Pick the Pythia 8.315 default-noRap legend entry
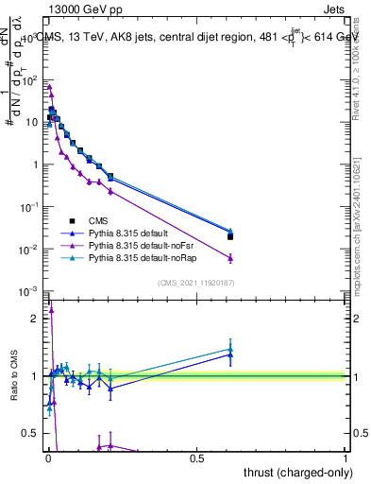[x=139, y=257]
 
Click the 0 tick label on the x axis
[x=47, y=458]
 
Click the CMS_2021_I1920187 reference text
[x=195, y=283]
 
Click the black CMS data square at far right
[x=230, y=236]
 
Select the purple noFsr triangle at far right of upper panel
[x=230, y=258]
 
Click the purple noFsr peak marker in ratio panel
[x=51, y=308]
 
